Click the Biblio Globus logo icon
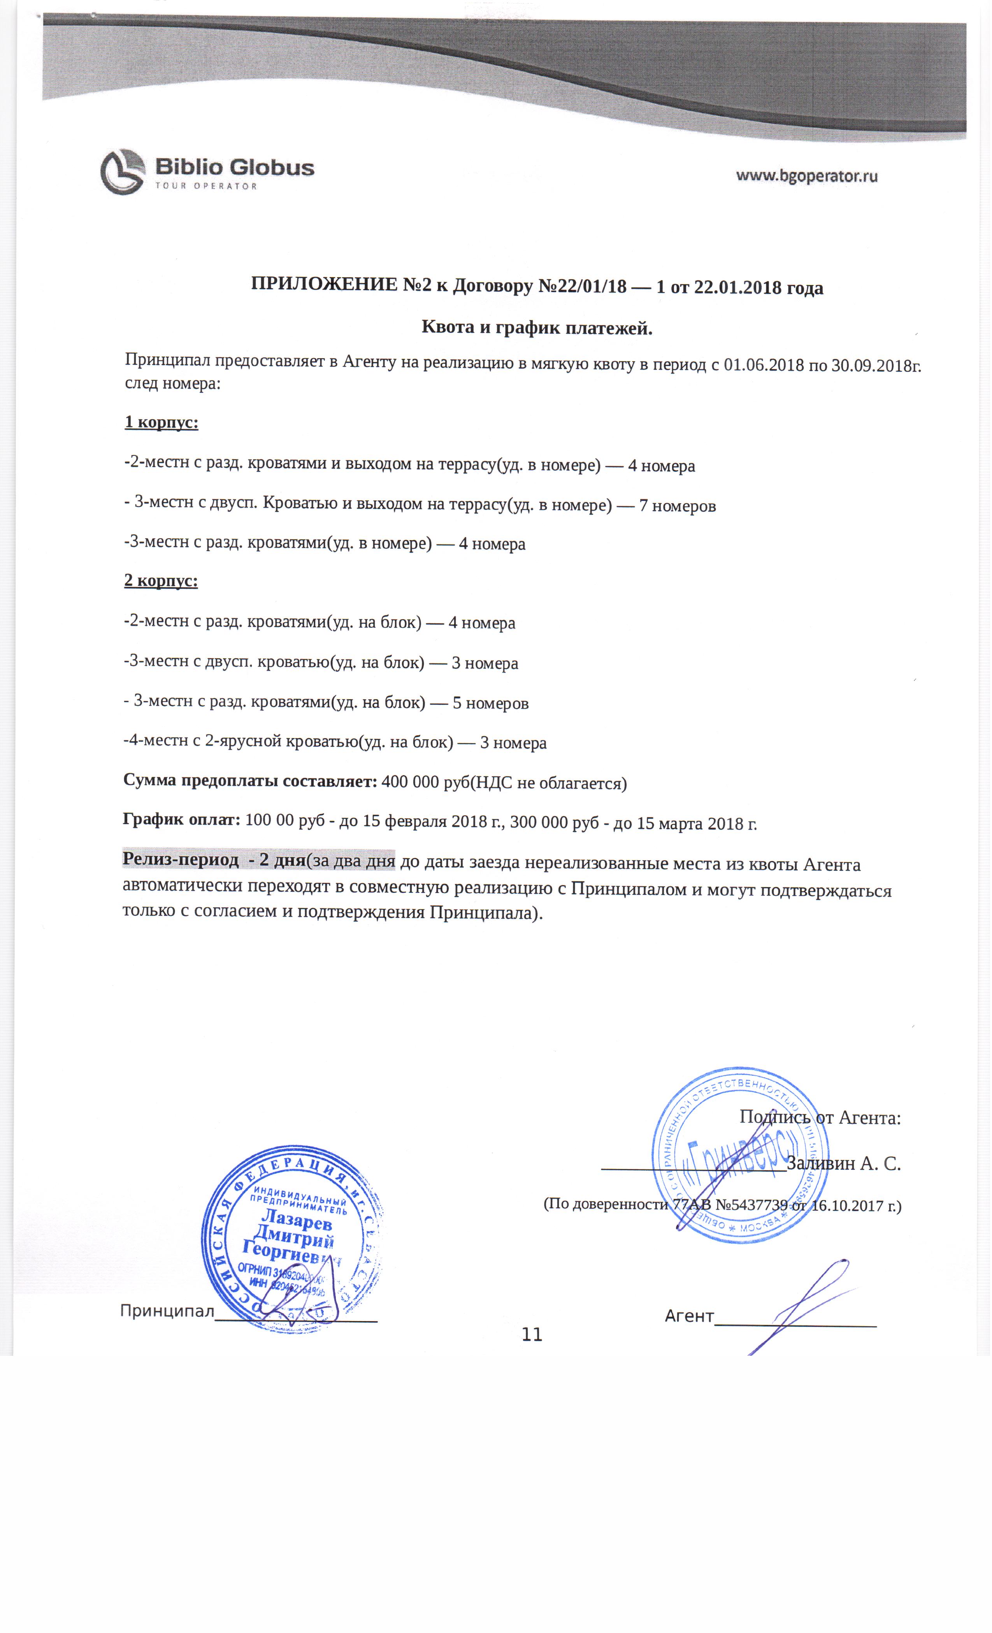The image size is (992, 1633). (123, 172)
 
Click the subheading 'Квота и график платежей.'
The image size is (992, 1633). (537, 327)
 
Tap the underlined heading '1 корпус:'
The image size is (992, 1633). (161, 422)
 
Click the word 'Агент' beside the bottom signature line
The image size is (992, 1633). (689, 1316)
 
